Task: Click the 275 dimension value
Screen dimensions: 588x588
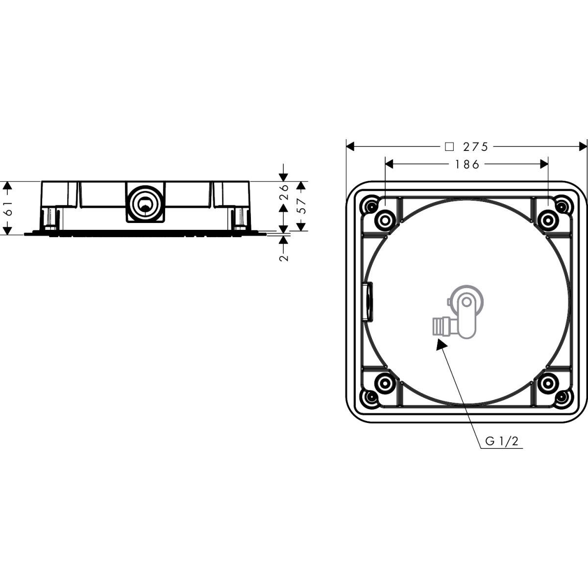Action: [x=476, y=147]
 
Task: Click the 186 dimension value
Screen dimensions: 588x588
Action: [x=467, y=165]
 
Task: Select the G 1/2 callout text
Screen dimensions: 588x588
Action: [x=502, y=441]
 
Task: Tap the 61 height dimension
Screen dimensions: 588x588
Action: [x=8, y=208]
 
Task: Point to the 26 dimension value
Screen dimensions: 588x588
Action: [x=284, y=192]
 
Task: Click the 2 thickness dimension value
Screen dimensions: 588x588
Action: [x=284, y=258]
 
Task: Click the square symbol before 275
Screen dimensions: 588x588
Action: [x=449, y=147]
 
